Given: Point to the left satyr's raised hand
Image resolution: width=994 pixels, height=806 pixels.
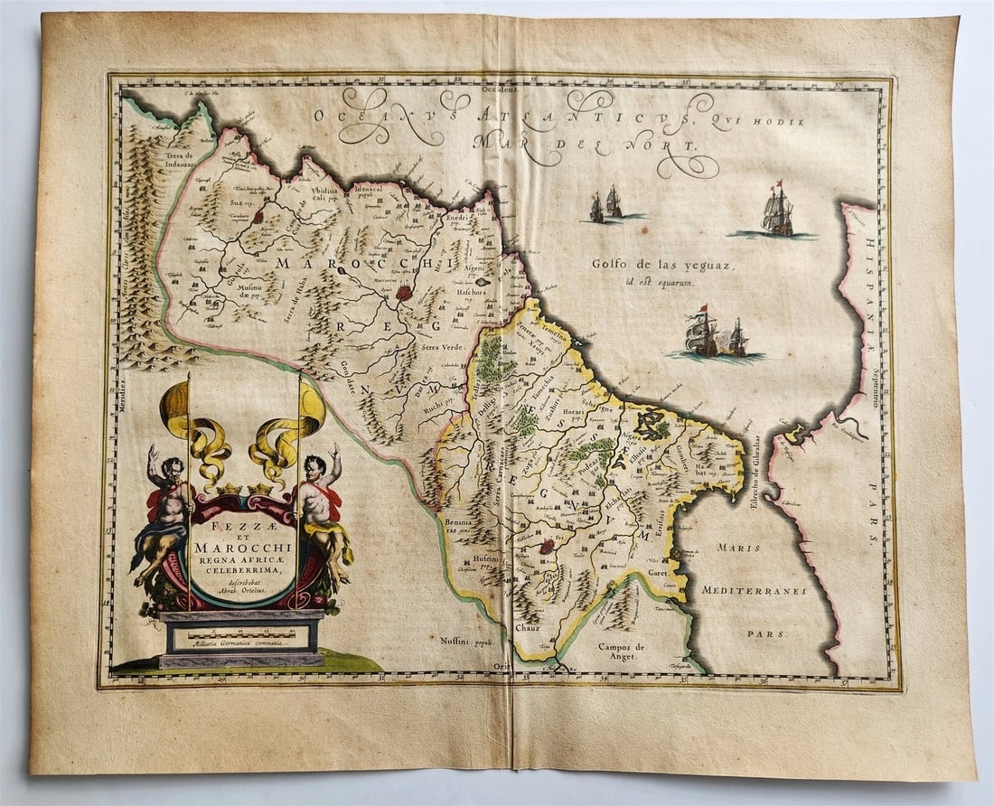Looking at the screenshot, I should click(153, 451).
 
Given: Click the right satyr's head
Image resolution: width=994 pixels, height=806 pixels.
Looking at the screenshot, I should click(314, 467).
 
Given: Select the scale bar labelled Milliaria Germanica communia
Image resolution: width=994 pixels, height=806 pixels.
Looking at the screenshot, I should click(241, 634).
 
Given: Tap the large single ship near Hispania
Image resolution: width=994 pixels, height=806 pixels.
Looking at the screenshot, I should click(777, 212).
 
